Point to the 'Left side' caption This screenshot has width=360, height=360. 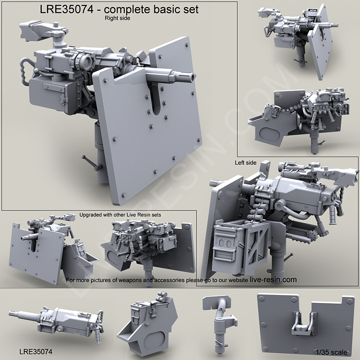(x=245, y=163)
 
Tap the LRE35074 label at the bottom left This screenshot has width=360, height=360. (x=36, y=352)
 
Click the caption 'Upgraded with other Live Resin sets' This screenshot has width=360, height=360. (x=120, y=214)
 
